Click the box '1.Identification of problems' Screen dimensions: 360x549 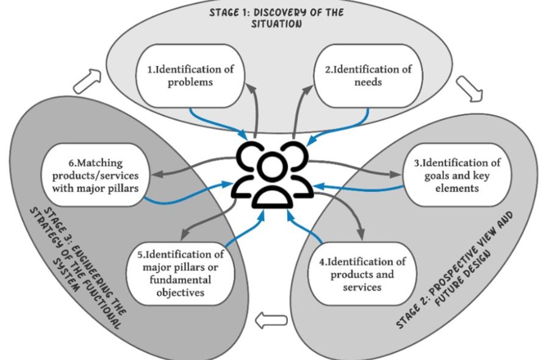point(192,76)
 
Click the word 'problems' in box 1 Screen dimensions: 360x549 point(190,82)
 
